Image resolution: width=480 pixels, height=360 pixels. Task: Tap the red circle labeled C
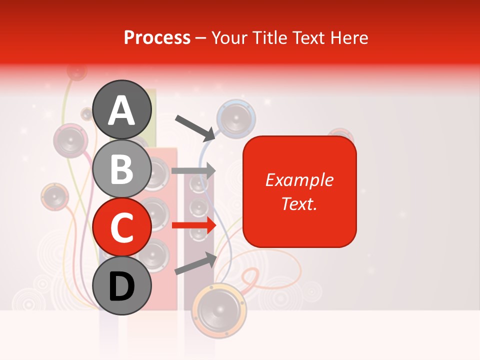(122, 227)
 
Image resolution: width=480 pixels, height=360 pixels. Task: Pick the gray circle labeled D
(122, 285)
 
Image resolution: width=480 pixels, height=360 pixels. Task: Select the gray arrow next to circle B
(193, 171)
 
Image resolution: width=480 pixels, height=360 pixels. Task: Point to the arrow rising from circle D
(195, 263)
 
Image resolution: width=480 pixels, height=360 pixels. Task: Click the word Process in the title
(157, 37)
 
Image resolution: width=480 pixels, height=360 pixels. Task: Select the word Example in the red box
(299, 180)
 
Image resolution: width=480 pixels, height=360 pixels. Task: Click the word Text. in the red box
(299, 203)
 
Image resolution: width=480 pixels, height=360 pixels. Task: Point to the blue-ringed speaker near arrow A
(236, 119)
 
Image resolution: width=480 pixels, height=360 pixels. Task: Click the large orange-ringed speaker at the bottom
(219, 310)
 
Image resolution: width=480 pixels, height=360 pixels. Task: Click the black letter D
(122, 286)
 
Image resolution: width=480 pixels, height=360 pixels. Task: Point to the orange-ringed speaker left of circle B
(54, 196)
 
